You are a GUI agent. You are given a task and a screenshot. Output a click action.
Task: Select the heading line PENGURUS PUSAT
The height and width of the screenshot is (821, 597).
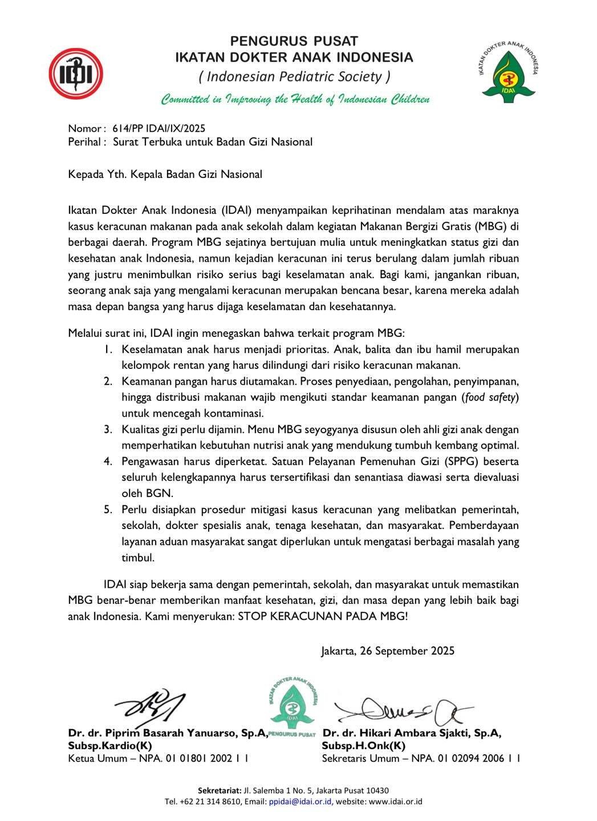click(294, 41)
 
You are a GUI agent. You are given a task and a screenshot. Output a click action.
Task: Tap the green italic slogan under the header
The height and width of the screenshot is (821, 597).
click(295, 100)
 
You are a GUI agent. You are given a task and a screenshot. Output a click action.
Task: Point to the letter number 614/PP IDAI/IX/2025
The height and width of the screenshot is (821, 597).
click(159, 128)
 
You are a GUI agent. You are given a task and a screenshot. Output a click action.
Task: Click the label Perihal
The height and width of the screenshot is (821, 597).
click(85, 142)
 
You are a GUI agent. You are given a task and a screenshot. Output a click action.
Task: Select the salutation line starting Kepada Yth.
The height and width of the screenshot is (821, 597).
click(165, 174)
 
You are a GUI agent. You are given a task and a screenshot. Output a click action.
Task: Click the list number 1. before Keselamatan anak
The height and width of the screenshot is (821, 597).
click(108, 349)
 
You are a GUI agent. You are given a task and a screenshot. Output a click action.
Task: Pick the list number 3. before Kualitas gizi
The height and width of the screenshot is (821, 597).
click(108, 429)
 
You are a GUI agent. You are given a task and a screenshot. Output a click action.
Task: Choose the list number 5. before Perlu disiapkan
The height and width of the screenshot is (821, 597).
click(108, 509)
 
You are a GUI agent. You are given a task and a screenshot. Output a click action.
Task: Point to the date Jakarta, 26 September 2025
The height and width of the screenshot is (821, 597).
click(388, 651)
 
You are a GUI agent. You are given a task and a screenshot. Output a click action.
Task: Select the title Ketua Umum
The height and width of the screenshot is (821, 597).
click(97, 758)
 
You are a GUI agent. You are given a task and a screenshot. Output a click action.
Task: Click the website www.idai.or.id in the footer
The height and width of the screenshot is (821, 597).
click(396, 801)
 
